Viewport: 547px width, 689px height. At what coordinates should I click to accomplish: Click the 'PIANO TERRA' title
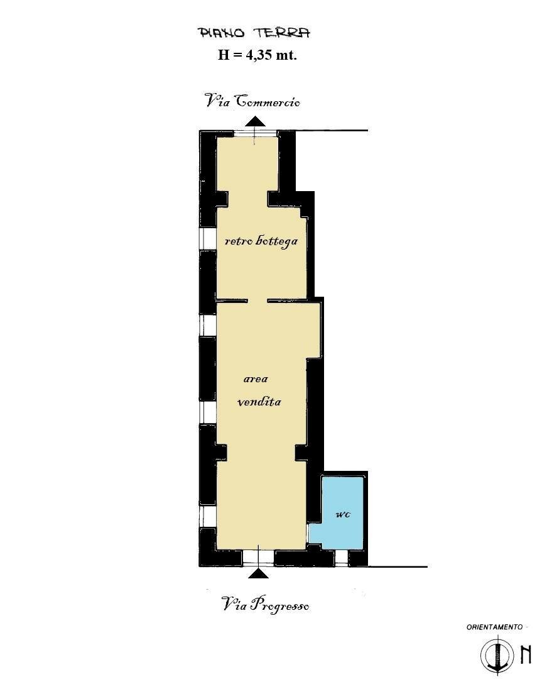[254, 33]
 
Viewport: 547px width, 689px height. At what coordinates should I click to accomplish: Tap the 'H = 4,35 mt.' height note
[257, 55]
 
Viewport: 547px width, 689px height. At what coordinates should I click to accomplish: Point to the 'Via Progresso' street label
[266, 605]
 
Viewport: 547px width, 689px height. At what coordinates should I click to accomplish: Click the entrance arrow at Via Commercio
[255, 121]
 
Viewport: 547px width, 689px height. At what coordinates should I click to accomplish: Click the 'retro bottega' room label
[261, 241]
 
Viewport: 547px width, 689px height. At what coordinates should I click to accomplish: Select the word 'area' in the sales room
[256, 379]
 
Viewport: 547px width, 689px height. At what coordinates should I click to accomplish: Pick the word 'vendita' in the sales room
[259, 402]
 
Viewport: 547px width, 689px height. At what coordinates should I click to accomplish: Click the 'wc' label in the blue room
[342, 514]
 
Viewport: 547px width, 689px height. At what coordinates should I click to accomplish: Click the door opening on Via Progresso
[258, 557]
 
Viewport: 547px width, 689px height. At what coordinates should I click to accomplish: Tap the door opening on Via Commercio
[255, 134]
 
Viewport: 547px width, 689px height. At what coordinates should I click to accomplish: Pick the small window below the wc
[342, 557]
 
